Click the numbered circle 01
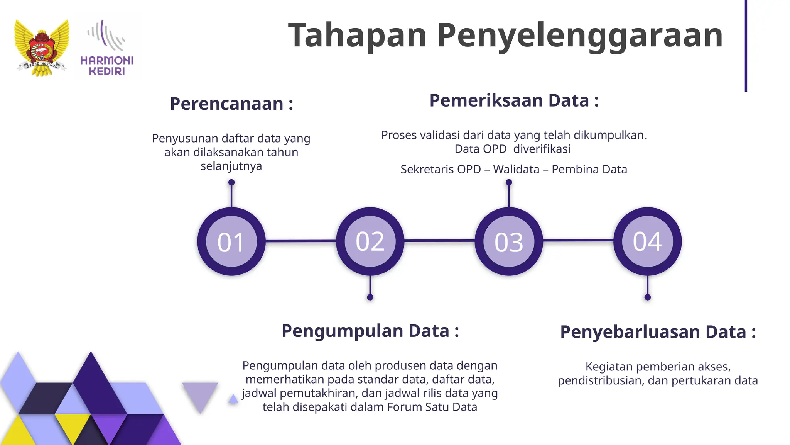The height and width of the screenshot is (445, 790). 231,241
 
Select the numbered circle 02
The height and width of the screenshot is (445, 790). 370,241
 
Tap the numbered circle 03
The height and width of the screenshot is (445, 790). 509,241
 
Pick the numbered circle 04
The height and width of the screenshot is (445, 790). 647,241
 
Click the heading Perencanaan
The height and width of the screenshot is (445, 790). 231,104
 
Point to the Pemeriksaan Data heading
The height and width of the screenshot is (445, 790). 514,101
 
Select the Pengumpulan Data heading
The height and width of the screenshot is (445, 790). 370,331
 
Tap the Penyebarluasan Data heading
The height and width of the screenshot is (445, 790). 658,332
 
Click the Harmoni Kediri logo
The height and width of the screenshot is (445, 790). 107,48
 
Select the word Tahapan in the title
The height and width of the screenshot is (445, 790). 357,36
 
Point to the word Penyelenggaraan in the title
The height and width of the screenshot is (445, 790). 579,36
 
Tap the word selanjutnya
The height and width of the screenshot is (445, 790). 231,166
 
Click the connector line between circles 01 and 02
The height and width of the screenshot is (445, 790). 301,241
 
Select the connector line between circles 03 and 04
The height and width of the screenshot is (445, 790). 578,241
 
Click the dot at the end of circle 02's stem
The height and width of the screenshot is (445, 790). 370,297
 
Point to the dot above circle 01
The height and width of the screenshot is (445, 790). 231,182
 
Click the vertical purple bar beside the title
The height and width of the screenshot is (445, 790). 746,46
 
